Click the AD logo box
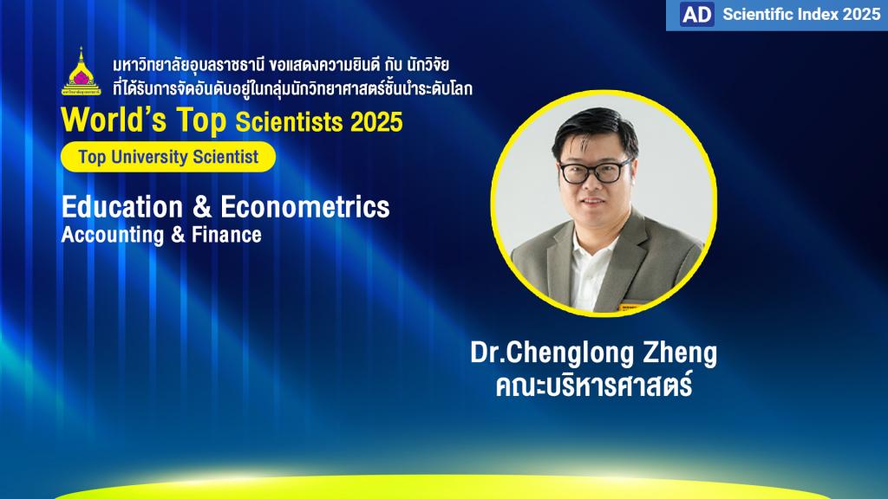tap(696, 15)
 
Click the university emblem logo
tap(81, 71)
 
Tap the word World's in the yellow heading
tap(114, 120)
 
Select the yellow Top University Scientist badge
tap(168, 157)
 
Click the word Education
tap(122, 206)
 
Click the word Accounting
tap(113, 235)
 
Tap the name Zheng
tap(680, 353)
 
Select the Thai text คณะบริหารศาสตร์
tap(594, 386)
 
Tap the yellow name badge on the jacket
tap(630, 308)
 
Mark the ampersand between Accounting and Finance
tap(178, 235)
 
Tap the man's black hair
tap(595, 127)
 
